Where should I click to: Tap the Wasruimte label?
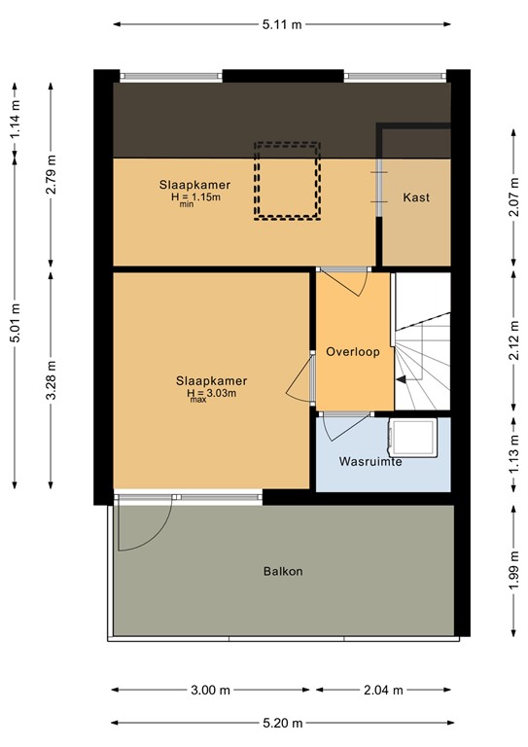pos(370,462)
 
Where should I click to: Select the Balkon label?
pos(283,571)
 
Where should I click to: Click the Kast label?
pos(416,197)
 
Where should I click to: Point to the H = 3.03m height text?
pos(211,394)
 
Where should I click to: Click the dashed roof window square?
pos(287,180)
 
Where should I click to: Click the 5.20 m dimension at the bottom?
pos(281,723)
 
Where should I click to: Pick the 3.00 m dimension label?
pos(211,691)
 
